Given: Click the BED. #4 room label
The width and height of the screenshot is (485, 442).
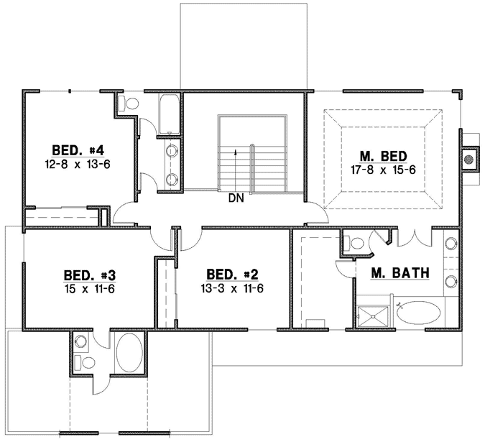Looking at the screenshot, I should click(79, 150).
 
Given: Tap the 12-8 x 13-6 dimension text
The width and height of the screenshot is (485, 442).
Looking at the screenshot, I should click(79, 163).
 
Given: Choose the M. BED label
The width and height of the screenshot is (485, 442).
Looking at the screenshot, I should click(383, 155).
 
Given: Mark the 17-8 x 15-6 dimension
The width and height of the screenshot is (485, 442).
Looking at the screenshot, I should click(383, 169).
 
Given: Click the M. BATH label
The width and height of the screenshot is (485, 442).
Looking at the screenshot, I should click(400, 272).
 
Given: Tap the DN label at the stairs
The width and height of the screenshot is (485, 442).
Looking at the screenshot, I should click(236, 199).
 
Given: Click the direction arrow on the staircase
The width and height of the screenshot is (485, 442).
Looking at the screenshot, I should click(236, 153).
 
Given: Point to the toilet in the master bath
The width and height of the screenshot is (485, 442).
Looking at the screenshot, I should click(353, 244).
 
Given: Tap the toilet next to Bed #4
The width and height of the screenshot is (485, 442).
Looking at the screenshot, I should click(129, 103).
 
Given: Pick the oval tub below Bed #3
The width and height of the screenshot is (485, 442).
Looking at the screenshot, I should click(129, 352).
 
